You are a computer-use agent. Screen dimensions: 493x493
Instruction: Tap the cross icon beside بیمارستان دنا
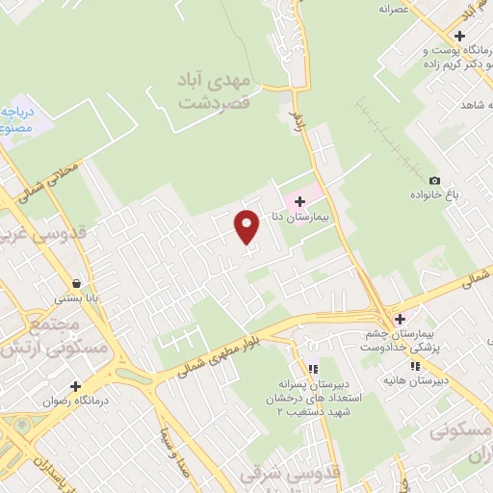pyautogui.click(x=300, y=201)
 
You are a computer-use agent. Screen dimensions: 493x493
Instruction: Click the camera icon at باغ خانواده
pyautogui.click(x=434, y=181)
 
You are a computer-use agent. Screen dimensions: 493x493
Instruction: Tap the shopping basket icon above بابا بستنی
pyautogui.click(x=90, y=283)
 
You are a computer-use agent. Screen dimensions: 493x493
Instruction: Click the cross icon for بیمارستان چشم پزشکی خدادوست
pyautogui.click(x=400, y=319)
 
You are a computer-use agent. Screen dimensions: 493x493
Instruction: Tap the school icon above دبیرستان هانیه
pyautogui.click(x=415, y=367)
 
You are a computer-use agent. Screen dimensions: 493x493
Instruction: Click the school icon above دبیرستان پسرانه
pyautogui.click(x=311, y=369)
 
